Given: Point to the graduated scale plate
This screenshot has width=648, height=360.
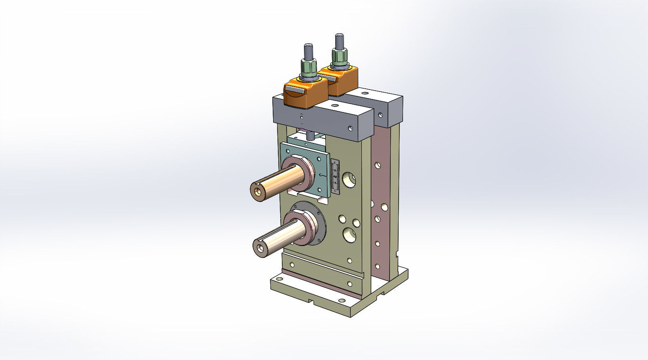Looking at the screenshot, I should (335, 177).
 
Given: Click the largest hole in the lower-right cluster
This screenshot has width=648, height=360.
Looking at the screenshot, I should (350, 234).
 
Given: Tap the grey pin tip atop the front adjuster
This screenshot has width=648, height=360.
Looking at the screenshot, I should (308, 51).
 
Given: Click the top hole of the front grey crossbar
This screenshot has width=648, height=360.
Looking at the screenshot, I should (335, 106).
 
